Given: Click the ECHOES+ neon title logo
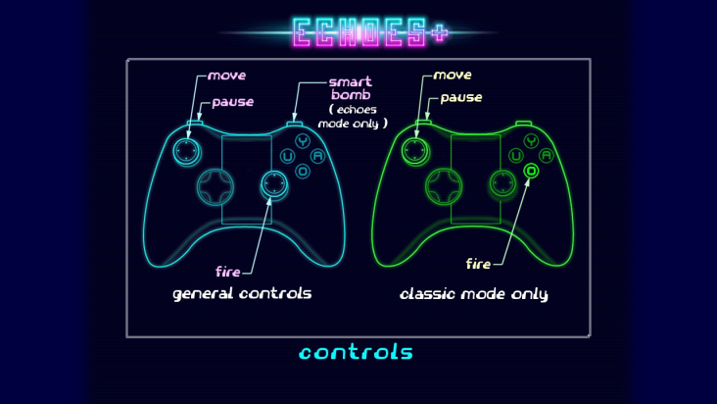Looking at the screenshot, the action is point(369,32).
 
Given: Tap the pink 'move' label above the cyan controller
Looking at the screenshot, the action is point(227,76).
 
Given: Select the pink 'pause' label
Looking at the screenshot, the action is point(233,102).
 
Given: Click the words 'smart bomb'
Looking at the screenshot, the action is point(351,88).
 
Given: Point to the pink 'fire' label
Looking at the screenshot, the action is point(227,272).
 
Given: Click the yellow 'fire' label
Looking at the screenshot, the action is point(478,264).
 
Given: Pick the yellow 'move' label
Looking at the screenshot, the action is point(453,76).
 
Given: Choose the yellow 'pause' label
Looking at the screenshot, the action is point(461,98).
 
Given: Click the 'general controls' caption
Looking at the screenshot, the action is point(242,294).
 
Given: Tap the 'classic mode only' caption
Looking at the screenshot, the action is point(474,294).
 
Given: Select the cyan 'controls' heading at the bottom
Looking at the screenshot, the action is point(356,352).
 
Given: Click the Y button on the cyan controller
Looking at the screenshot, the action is point(303,141).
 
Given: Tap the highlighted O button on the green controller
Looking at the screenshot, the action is point(531,172).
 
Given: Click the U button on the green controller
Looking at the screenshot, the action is point(516,156).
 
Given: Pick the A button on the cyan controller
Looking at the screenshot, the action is point(317,156).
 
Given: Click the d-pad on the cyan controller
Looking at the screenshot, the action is point(215,186).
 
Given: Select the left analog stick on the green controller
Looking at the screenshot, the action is point(415,151).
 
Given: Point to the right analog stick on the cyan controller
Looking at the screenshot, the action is point(274,184).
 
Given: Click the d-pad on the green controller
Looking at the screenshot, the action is point(444,186).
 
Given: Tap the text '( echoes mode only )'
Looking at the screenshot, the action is point(353,117).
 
